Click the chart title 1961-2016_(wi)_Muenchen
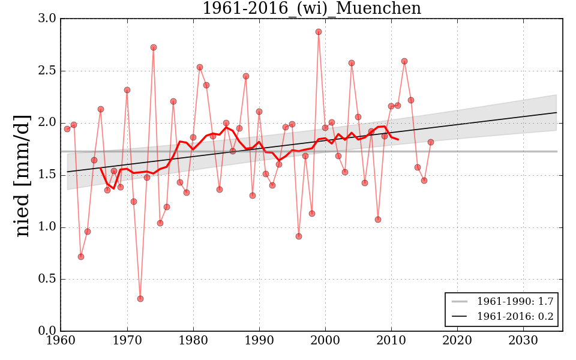pos(311,9)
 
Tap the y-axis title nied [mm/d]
pos(23,175)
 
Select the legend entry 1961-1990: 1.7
pos(515,300)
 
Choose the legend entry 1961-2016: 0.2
pos(515,316)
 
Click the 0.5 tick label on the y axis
pos(47,279)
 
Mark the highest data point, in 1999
pos(319,32)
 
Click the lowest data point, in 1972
pos(140,299)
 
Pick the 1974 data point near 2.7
pos(154,47)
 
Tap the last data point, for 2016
pos(431,142)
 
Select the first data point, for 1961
pos(67,129)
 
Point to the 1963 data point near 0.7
pos(81,257)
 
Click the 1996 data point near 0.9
pos(299,236)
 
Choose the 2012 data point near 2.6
pos(404,61)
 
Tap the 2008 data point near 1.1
pos(378,220)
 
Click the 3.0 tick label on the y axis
pos(47,19)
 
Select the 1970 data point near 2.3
pos(127,90)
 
